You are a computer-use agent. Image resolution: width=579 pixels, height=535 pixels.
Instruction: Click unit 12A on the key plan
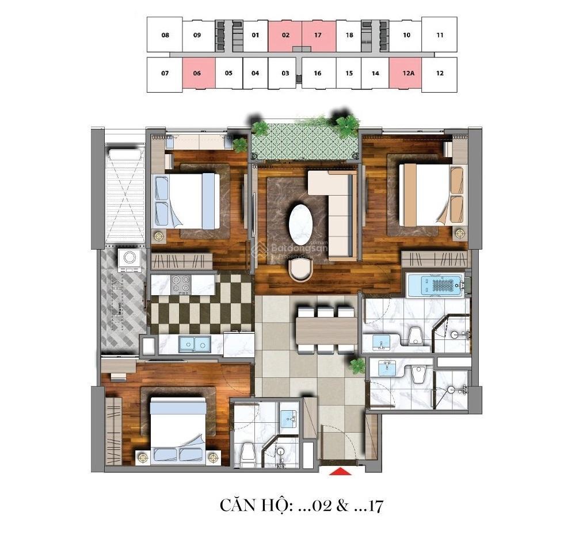click(408, 73)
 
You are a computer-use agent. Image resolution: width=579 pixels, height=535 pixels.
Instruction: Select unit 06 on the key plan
click(197, 73)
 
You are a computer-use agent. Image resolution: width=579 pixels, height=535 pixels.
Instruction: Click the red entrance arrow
click(340, 472)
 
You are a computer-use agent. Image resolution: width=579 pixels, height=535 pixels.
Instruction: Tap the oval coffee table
click(300, 224)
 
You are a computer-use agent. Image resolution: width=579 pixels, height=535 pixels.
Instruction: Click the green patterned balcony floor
click(306, 142)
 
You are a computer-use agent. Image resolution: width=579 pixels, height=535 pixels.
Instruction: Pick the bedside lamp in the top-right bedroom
click(459, 233)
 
